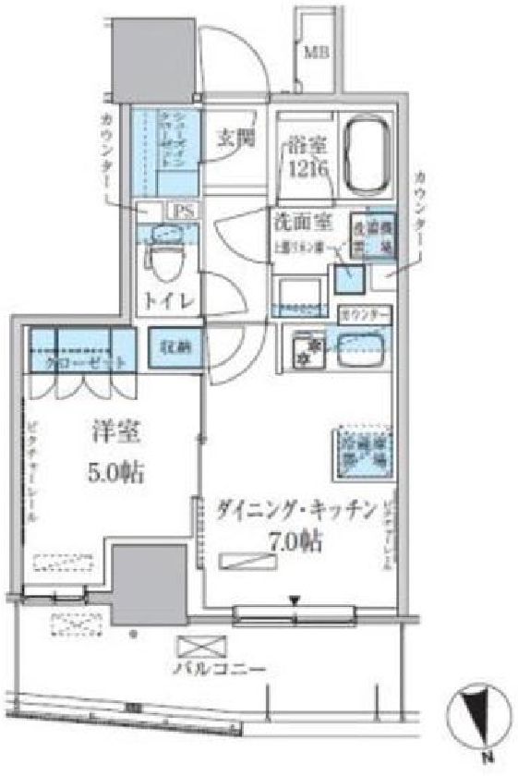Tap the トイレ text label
(165, 302)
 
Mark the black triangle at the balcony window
(294, 602)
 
